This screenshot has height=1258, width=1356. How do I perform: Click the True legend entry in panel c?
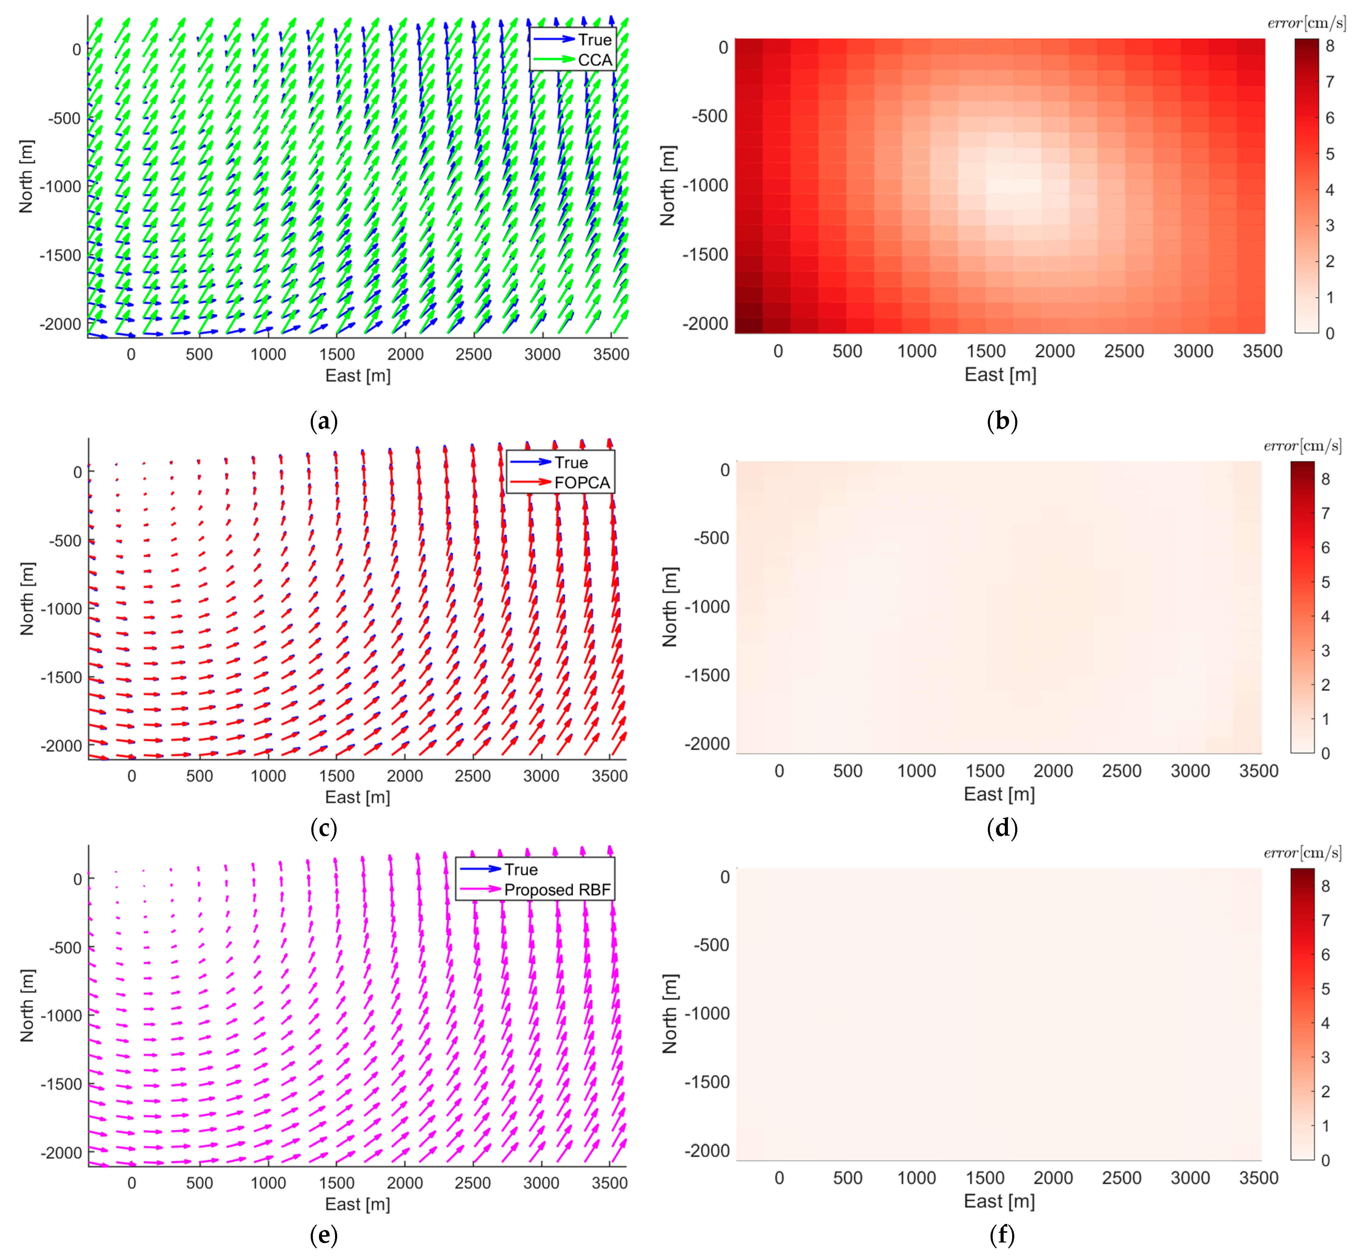coord(570,462)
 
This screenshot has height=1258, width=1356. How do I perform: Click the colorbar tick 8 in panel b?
coord(1330,46)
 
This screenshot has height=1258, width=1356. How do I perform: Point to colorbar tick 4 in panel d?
coord(1325,616)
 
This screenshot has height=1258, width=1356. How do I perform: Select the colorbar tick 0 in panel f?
coord(1325,1160)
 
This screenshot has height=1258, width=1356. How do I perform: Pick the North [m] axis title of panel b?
coord(668,185)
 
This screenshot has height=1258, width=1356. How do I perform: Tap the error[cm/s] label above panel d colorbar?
coord(1302,446)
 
